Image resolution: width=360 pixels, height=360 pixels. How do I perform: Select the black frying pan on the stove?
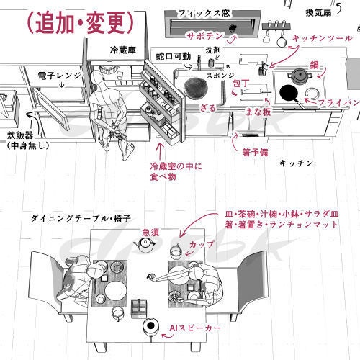pos(290,93)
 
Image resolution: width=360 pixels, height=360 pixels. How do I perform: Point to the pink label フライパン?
pos(338,103)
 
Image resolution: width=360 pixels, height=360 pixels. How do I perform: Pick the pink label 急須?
pos(150,231)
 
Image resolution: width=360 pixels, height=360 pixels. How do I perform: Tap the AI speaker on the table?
pos(151,327)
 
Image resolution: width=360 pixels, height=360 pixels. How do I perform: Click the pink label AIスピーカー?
pos(195,328)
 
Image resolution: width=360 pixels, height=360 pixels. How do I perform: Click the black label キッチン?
pos(297,163)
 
